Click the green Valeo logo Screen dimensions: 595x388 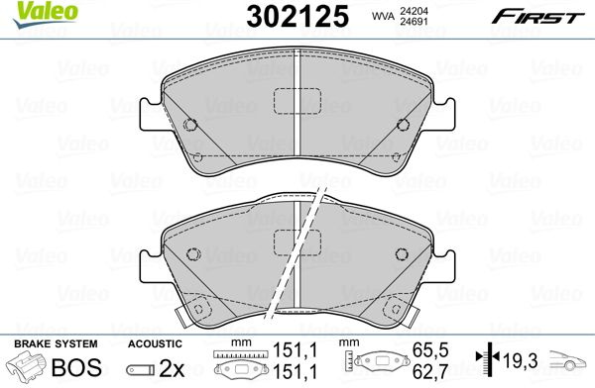(45, 14)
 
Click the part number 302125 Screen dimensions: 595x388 (297, 16)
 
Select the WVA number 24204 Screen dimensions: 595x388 (414, 11)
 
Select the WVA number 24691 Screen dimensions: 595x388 (414, 21)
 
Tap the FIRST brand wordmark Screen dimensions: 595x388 (538, 17)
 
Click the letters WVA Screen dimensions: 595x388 (383, 16)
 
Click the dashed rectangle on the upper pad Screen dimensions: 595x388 (297, 101)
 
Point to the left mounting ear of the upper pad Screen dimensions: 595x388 (151, 114)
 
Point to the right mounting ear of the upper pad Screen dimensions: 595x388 (443, 114)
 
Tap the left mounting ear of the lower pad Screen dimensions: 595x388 (151, 266)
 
